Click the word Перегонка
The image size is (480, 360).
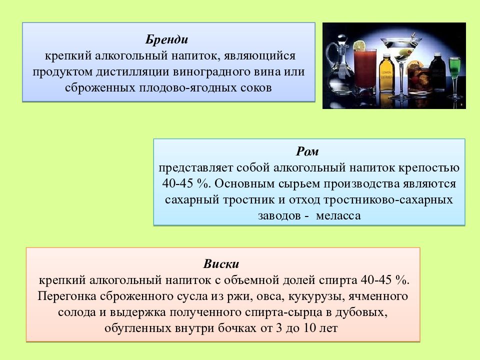65,296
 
